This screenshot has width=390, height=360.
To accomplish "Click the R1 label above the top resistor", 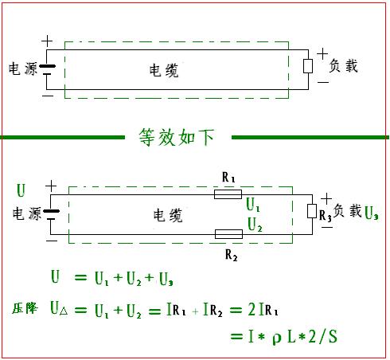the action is coord(228,177).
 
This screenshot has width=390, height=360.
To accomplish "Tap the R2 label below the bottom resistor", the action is coord(231,255).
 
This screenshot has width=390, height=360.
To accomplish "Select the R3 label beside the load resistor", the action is coord(326,216).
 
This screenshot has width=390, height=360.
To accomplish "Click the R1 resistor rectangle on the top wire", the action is coord(228,194).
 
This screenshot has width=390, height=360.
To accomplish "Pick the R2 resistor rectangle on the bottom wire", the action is coord(228,234).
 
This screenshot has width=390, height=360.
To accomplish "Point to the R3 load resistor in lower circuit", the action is coord(312,211).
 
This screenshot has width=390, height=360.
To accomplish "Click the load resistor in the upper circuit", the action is coord(308,66).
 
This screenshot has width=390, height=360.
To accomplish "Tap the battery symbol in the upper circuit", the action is coord(47,69).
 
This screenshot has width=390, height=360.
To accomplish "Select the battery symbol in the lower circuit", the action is coord(51,214).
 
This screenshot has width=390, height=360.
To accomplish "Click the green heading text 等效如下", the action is coord(177,137).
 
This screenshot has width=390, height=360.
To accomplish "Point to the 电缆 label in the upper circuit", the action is coord(164,70).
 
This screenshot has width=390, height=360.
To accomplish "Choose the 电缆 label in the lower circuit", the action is coord(168,215).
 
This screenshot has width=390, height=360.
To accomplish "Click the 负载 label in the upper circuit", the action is coord(343,66).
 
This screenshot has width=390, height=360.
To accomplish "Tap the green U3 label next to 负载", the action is coord(371,213).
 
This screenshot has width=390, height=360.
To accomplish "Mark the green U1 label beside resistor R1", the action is coord(253,205).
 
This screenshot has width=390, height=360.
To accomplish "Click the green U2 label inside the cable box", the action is coord(255,225).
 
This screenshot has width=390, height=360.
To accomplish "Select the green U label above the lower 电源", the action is coord(21,190).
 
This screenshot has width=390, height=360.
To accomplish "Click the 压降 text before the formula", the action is coord(25,308).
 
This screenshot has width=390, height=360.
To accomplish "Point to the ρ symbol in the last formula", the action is coord(276,338).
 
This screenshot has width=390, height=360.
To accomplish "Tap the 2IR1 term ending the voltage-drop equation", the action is coord(263,310).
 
